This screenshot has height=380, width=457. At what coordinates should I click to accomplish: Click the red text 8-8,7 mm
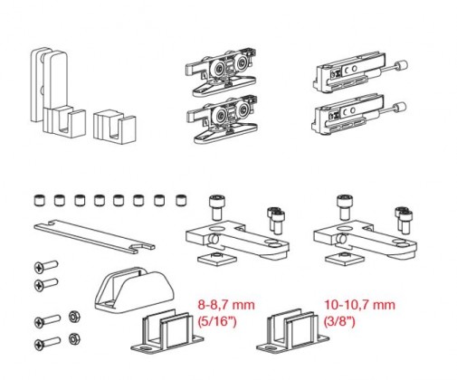click(226, 305)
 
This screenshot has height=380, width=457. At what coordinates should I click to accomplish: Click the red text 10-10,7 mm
click(359, 305)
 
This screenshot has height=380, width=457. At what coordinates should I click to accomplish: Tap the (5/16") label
click(217, 321)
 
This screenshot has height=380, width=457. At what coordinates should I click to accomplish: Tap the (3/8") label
click(339, 321)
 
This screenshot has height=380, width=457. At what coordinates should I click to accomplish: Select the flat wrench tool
click(94, 236)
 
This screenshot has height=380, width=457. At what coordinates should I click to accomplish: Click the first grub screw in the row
click(39, 201)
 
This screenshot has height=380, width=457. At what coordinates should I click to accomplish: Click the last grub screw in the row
click(181, 201)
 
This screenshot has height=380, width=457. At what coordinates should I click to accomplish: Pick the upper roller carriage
click(222, 71)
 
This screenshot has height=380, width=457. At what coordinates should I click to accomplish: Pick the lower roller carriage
click(222, 119)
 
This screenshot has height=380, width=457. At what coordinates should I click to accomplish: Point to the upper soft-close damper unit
click(359, 73)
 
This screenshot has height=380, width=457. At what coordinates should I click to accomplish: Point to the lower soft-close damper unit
click(358, 116)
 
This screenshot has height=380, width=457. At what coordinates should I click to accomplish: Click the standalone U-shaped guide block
click(114, 128)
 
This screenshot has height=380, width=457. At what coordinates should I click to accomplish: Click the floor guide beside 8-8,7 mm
click(167, 331)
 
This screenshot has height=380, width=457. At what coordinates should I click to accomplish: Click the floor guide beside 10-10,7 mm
click(292, 331)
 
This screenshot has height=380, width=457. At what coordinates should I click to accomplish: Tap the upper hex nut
click(74, 317)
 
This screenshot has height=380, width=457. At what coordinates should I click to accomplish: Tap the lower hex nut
click(74, 338)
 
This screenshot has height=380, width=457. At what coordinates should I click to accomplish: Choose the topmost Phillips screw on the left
click(46, 267)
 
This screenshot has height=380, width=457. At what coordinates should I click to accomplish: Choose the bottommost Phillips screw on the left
click(47, 344)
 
